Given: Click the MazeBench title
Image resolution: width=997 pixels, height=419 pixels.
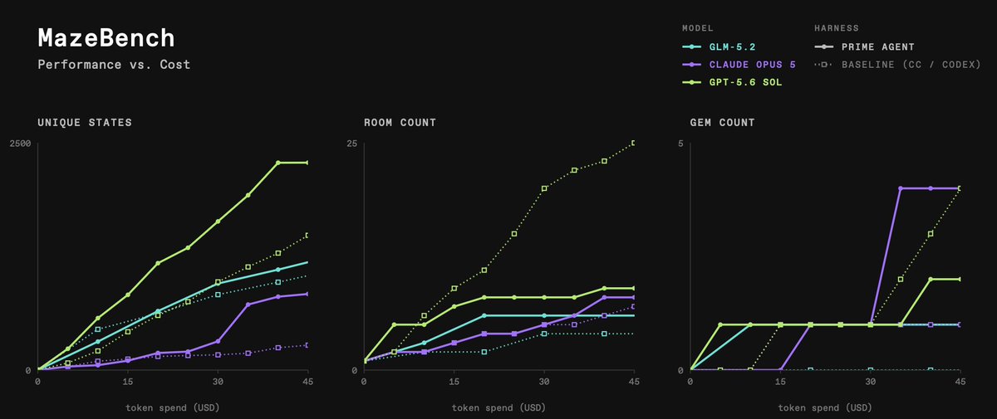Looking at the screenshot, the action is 106,38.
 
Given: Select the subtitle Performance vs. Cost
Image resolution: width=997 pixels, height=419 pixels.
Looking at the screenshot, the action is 114,65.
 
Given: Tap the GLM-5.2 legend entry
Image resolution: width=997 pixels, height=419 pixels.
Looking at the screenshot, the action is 719,47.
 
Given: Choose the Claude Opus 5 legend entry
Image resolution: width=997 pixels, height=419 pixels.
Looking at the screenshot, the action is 739,65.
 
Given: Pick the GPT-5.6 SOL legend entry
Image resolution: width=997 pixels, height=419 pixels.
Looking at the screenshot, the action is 732,83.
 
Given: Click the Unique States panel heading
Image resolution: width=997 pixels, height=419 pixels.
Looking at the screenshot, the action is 85,123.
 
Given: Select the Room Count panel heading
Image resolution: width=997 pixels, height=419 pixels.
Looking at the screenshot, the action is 400,123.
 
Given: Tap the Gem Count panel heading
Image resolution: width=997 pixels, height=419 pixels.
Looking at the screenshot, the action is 722,123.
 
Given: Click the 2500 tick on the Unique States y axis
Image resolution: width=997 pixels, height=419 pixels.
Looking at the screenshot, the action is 21,144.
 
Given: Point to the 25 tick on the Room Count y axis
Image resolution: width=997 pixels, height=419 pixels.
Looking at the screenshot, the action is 352,144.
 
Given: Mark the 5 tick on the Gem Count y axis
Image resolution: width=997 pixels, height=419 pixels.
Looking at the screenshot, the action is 680,144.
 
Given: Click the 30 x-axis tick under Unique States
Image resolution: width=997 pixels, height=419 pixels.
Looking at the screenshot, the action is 218,382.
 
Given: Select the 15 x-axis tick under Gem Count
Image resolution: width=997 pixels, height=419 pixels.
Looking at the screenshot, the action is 780,382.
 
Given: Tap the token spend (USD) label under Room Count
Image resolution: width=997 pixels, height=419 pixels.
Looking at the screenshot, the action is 498,408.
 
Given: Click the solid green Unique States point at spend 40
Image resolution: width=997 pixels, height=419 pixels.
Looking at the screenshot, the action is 277,163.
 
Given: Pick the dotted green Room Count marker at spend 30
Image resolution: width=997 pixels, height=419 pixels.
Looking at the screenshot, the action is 544,188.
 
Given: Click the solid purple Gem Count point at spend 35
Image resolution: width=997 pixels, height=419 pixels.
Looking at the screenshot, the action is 901,188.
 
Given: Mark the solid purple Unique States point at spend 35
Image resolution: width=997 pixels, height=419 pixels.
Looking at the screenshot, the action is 248,305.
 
